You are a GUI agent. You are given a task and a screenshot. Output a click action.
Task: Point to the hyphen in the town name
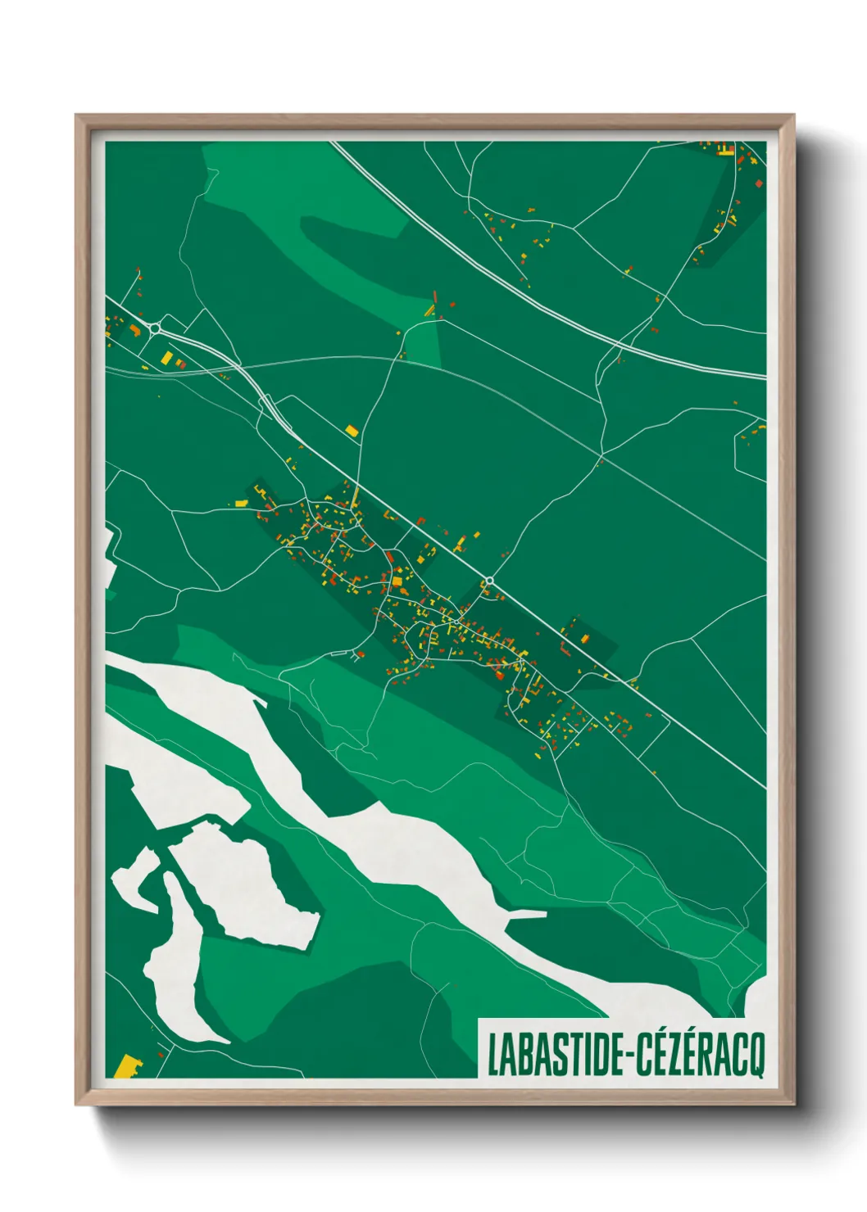point(629,1056)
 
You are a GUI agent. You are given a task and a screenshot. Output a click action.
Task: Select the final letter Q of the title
point(755,1056)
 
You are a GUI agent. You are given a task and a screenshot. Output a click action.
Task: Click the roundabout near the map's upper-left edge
point(154,328)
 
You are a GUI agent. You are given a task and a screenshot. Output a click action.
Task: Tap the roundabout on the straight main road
point(489,581)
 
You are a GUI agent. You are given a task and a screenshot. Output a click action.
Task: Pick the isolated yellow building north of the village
point(352,430)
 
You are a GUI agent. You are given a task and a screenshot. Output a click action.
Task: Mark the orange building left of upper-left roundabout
point(134,330)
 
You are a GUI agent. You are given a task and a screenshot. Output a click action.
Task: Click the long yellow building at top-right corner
point(725,150)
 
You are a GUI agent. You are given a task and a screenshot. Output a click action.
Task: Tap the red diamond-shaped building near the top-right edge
point(759,183)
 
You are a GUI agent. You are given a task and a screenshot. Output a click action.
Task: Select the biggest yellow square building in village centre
point(398,581)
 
